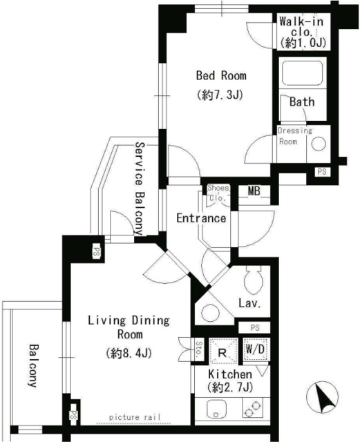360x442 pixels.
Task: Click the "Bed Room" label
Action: (x=221, y=75)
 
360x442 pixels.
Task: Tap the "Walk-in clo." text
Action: (x=301, y=27)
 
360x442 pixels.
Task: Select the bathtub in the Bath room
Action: (x=302, y=73)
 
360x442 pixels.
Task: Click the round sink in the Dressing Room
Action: (x=319, y=144)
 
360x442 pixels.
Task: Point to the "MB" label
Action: (x=254, y=191)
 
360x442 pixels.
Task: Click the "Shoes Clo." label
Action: (x=218, y=193)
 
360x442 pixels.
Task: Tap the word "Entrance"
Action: (x=201, y=218)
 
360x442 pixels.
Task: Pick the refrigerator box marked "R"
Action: (x=223, y=352)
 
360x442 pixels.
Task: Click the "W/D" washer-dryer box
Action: (x=256, y=349)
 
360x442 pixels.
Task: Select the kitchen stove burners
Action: (x=253, y=408)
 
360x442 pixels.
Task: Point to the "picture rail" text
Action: (x=135, y=417)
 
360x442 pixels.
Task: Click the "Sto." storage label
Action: (x=199, y=349)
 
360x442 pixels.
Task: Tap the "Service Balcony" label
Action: (x=140, y=189)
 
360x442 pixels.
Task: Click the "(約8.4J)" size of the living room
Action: (x=129, y=353)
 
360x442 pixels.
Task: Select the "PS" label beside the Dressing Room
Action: (x=322, y=171)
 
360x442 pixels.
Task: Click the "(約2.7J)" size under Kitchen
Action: (x=230, y=388)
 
